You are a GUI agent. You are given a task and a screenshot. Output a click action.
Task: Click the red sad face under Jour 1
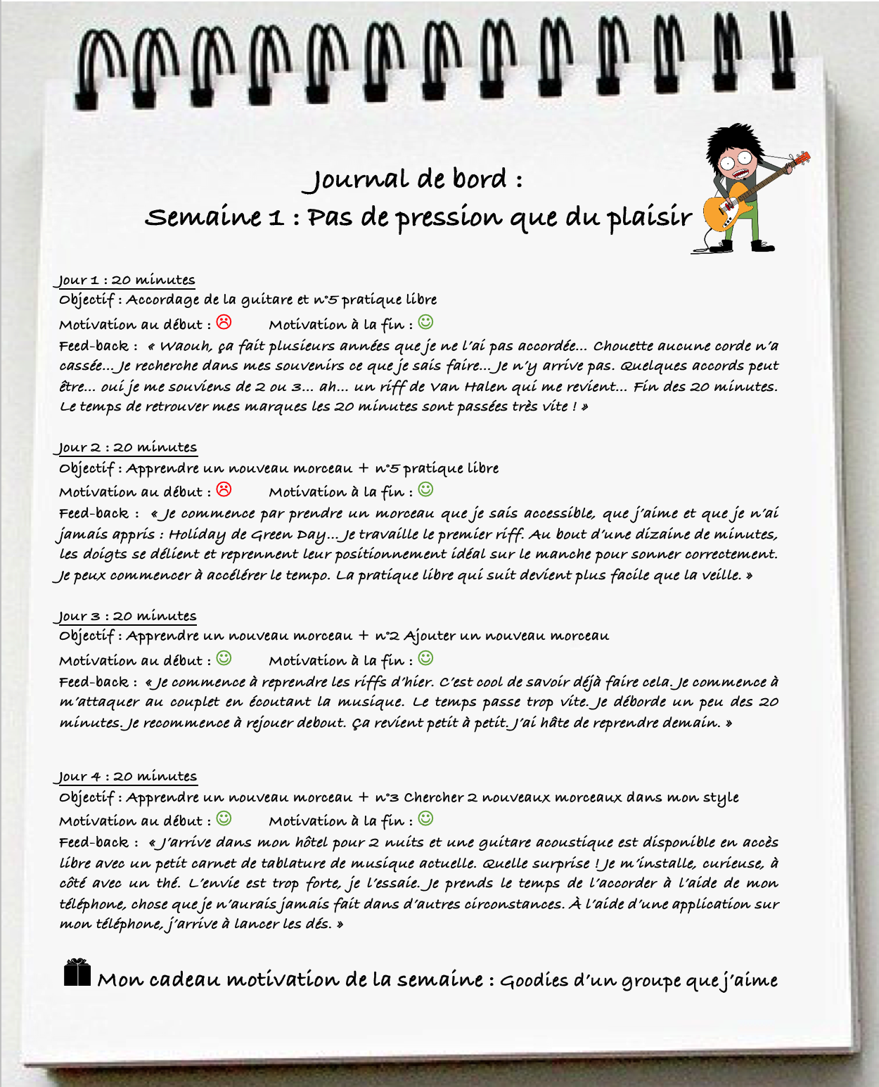pyautogui.click(x=224, y=322)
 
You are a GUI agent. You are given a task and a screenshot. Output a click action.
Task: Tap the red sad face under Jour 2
pyautogui.click(x=224, y=489)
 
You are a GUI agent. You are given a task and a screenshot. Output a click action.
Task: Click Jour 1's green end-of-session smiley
pyautogui.click(x=425, y=322)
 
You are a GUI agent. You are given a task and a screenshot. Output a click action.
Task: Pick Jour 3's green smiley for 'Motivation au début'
pyautogui.click(x=224, y=658)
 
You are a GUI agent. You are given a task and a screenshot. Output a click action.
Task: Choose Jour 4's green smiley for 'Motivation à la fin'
pyautogui.click(x=425, y=818)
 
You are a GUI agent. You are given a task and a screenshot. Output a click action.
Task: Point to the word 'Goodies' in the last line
pyautogui.click(x=534, y=980)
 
